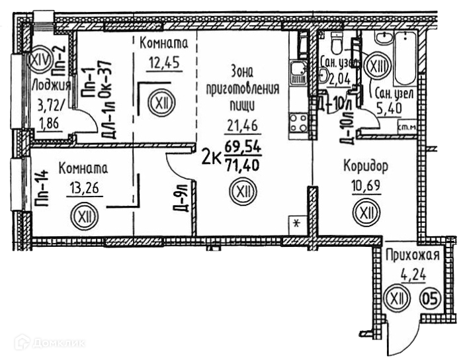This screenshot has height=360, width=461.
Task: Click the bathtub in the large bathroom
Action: click(x=405, y=58)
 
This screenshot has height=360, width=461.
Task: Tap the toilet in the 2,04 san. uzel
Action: click(x=336, y=42)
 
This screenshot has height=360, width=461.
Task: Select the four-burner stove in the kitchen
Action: click(x=298, y=123)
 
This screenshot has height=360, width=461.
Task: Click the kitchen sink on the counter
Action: click(x=298, y=72)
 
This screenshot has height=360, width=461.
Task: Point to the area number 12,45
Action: click(x=164, y=62)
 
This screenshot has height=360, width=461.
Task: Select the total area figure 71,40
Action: click(x=243, y=165)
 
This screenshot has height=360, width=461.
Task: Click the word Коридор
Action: click(x=366, y=166)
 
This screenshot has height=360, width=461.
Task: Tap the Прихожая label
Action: click(x=412, y=255)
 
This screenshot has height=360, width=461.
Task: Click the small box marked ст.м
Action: click(x=407, y=127)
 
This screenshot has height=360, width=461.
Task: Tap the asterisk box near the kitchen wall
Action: click(x=297, y=225)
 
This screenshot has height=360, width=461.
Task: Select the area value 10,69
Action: click(x=366, y=185)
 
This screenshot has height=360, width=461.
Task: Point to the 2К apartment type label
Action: click(x=211, y=159)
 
